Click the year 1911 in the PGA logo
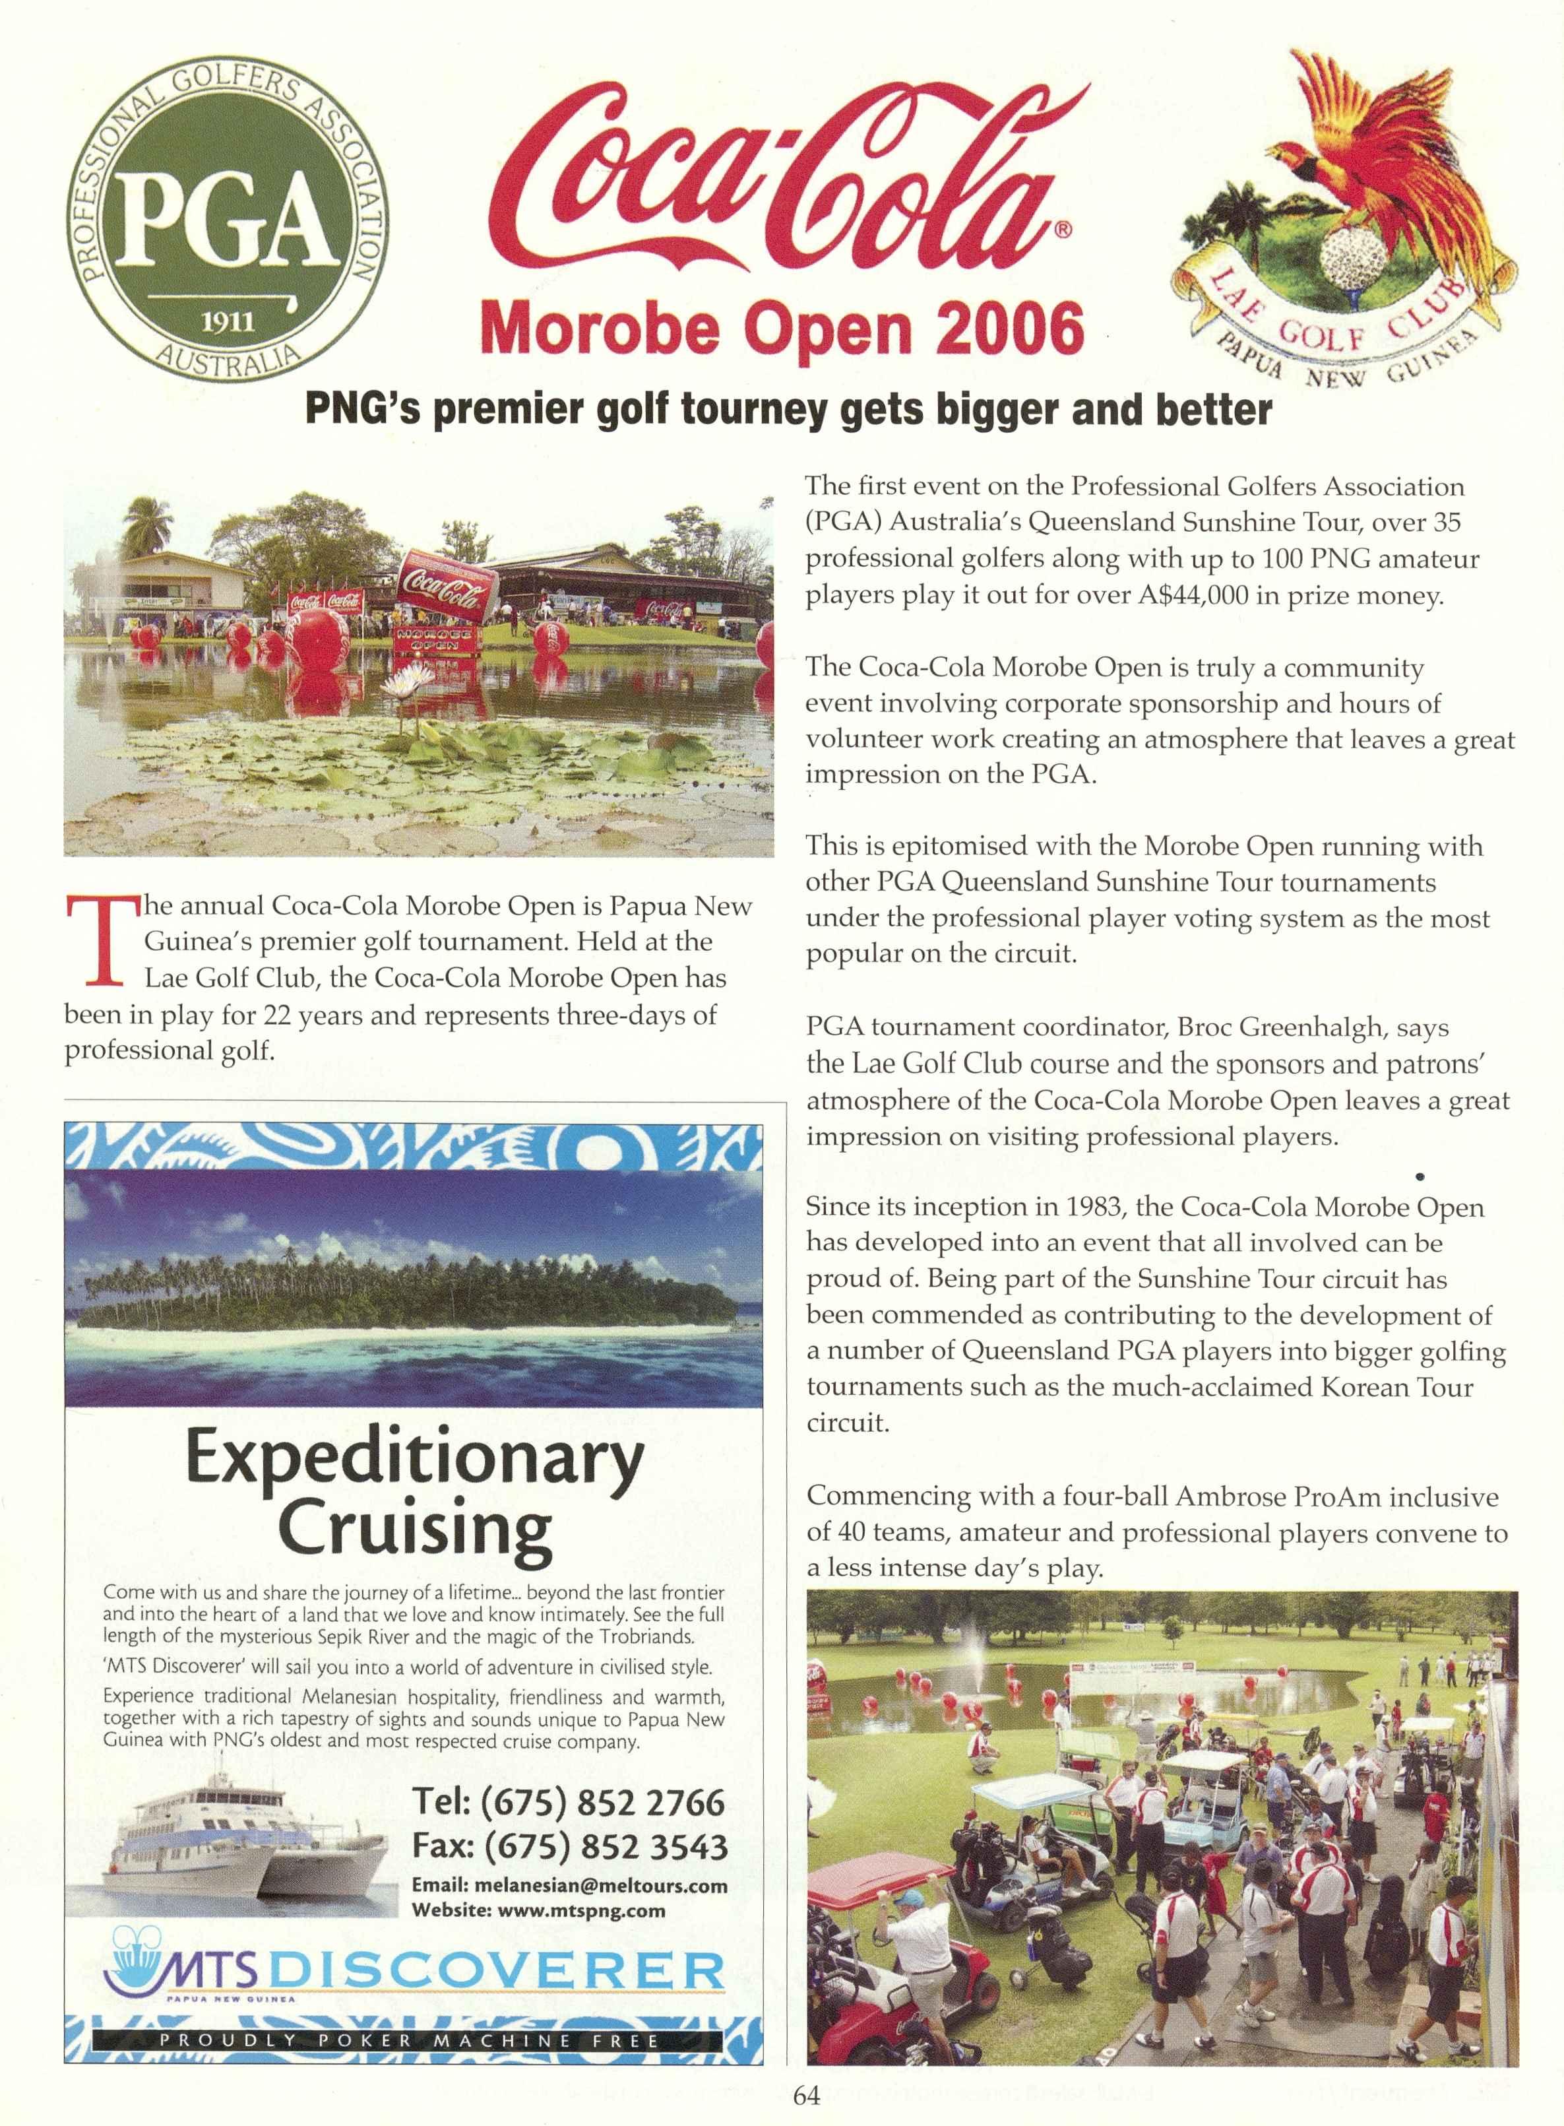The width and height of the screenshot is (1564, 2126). pyautogui.click(x=228, y=322)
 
